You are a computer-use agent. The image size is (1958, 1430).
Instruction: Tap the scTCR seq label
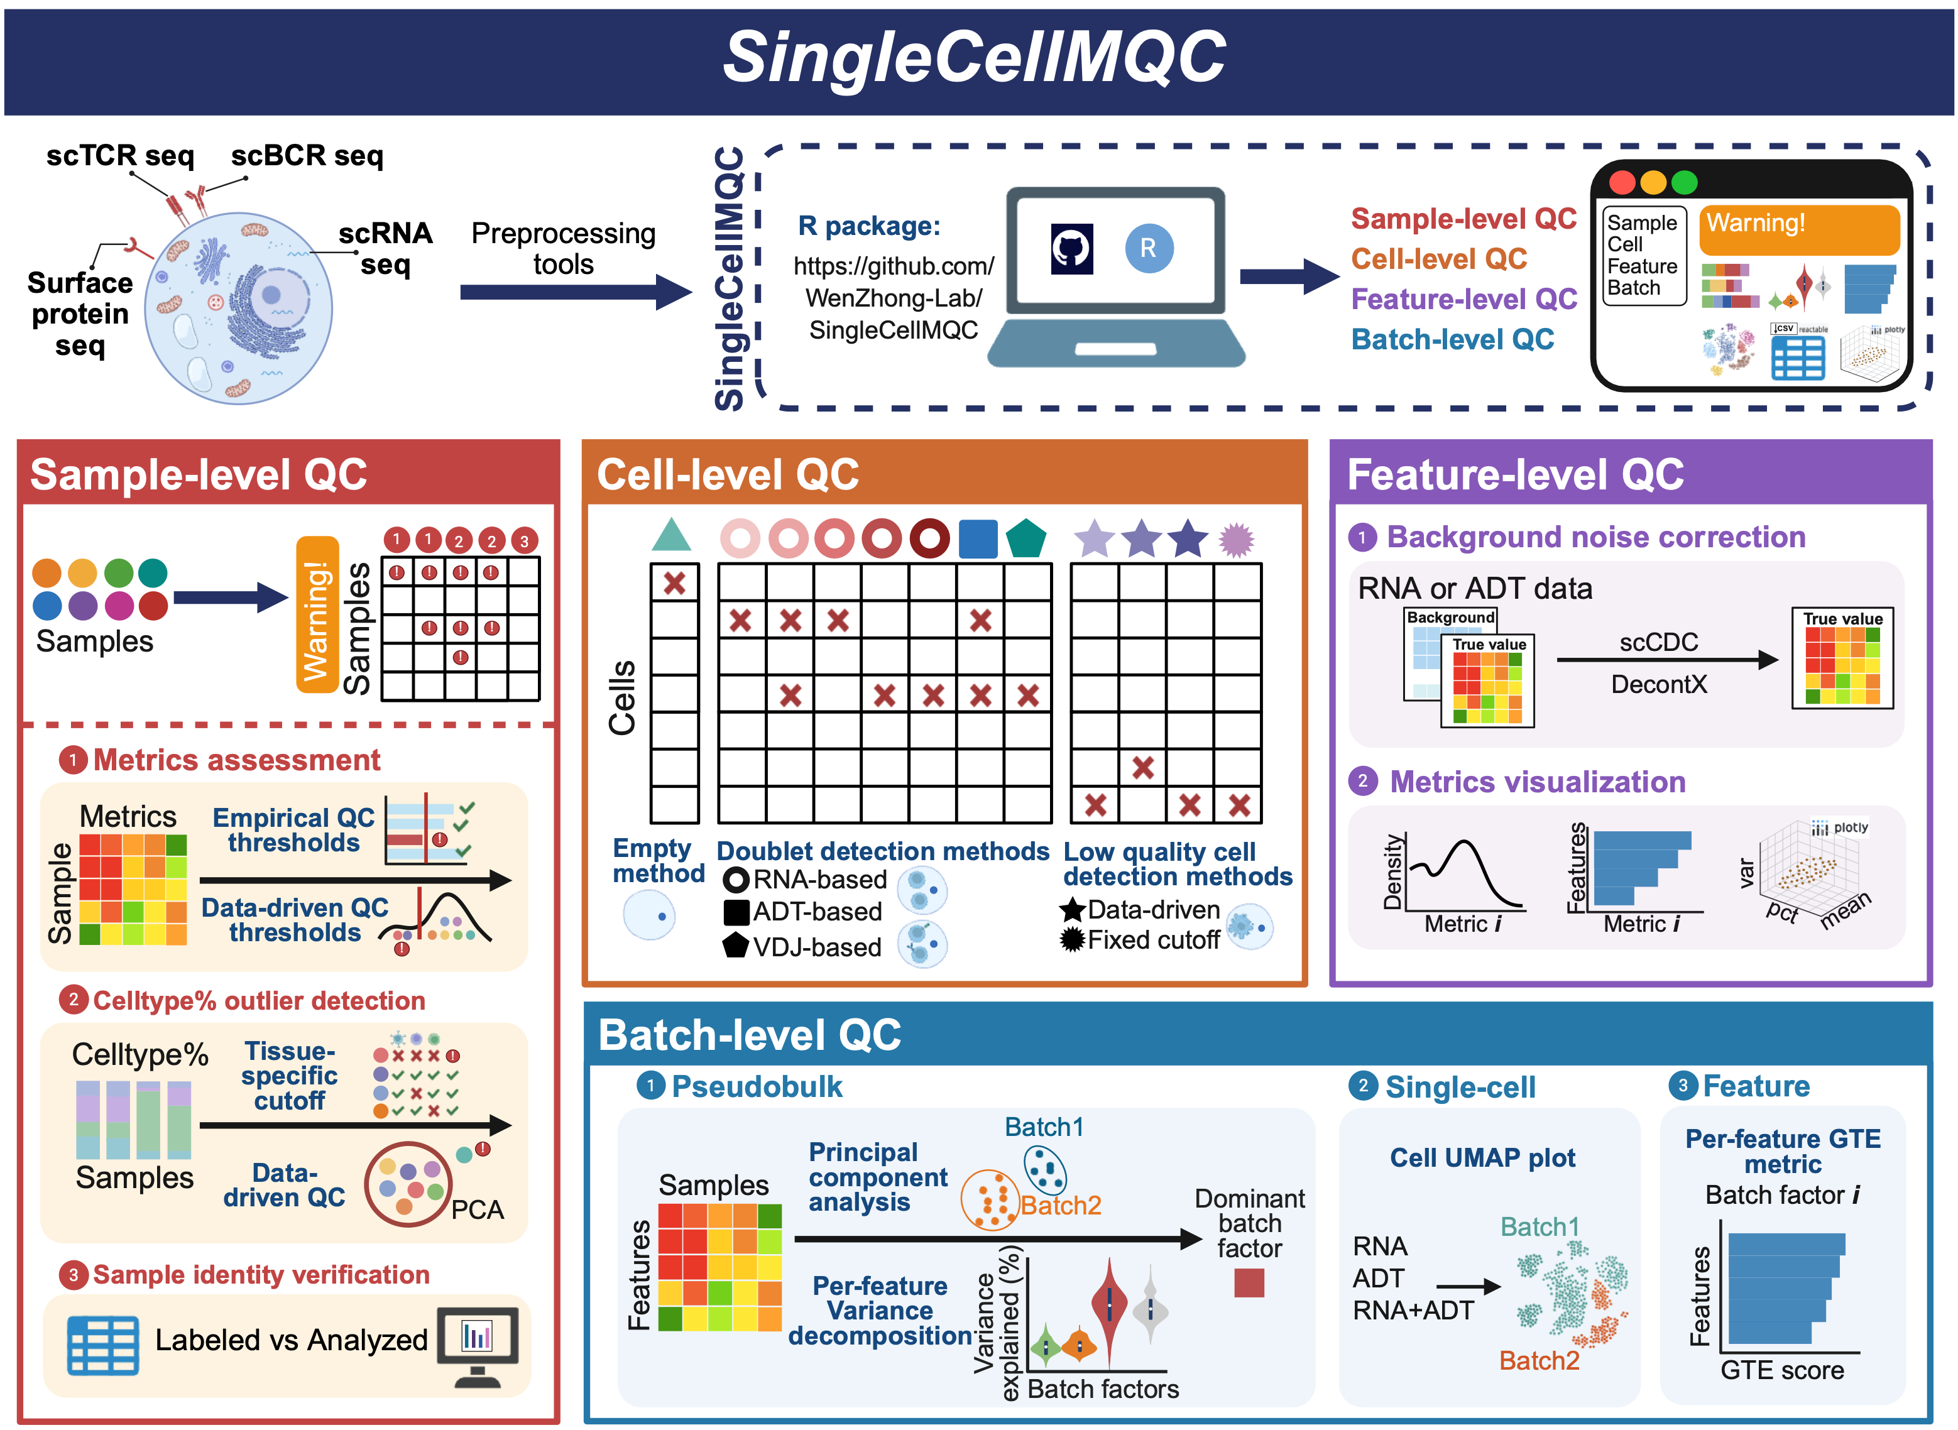click(x=120, y=156)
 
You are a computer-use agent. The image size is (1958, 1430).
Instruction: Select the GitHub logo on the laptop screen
click(x=1071, y=248)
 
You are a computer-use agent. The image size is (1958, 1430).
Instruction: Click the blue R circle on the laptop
click(x=1149, y=248)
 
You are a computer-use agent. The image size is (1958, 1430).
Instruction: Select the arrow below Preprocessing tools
click(x=575, y=292)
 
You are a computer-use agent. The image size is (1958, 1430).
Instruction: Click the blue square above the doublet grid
click(x=978, y=538)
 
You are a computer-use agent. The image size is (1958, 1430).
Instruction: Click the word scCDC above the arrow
click(x=1658, y=642)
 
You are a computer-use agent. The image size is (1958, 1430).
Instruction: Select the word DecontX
click(x=1658, y=685)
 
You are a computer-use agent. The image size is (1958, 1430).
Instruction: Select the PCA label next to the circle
click(x=477, y=1209)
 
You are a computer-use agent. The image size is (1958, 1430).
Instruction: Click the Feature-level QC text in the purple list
click(x=1463, y=300)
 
